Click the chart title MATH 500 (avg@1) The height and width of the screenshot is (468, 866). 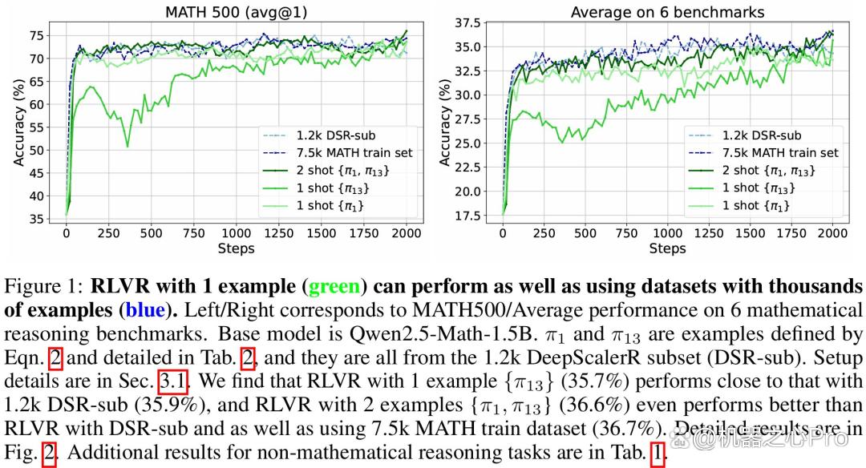click(237, 11)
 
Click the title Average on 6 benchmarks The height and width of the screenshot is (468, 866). click(667, 12)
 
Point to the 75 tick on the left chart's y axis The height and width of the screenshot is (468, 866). click(36, 35)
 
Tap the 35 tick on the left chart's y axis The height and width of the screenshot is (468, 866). click(36, 219)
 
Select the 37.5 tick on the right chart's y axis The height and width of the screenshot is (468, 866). click(467, 22)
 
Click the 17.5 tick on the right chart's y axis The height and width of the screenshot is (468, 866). click(467, 216)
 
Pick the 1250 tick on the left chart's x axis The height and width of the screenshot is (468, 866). click(279, 233)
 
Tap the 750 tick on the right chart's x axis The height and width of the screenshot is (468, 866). click(626, 233)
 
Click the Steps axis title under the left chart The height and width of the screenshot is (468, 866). click(237, 248)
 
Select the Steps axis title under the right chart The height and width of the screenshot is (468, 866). click(667, 248)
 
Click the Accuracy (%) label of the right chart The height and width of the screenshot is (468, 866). click(445, 122)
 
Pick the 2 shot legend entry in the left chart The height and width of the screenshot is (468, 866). click(326, 171)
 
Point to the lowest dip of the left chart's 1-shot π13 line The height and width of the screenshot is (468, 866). click(128, 146)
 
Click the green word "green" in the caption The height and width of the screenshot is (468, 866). click(334, 287)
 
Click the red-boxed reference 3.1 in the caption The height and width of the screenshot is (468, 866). click(173, 381)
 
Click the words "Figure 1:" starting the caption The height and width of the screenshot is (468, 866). click(43, 287)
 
